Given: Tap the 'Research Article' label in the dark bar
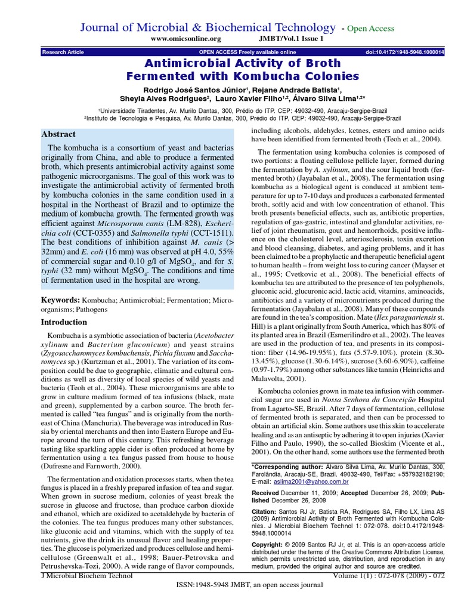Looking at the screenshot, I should pyautogui.click(x=63, y=53).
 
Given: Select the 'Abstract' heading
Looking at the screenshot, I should pyautogui.click(x=58, y=134).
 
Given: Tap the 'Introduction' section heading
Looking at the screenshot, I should pyautogui.click(x=64, y=322).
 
